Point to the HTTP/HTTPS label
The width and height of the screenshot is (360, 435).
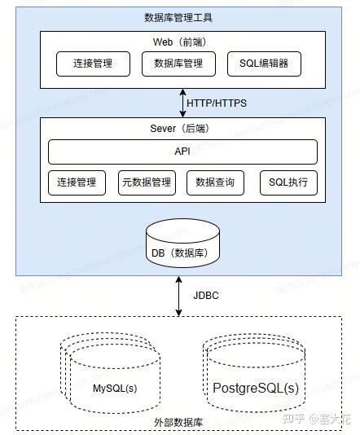click(217, 103)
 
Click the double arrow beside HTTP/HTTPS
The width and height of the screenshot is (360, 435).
click(182, 103)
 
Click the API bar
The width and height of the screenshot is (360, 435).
click(182, 152)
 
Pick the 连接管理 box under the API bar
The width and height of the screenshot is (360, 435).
click(77, 182)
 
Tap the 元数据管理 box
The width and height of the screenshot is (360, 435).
click(146, 182)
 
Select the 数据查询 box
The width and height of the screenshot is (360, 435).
click(215, 182)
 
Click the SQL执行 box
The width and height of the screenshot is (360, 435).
click(288, 182)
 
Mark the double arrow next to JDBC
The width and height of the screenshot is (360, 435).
click(179, 294)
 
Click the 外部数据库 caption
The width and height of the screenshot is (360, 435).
click(178, 422)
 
